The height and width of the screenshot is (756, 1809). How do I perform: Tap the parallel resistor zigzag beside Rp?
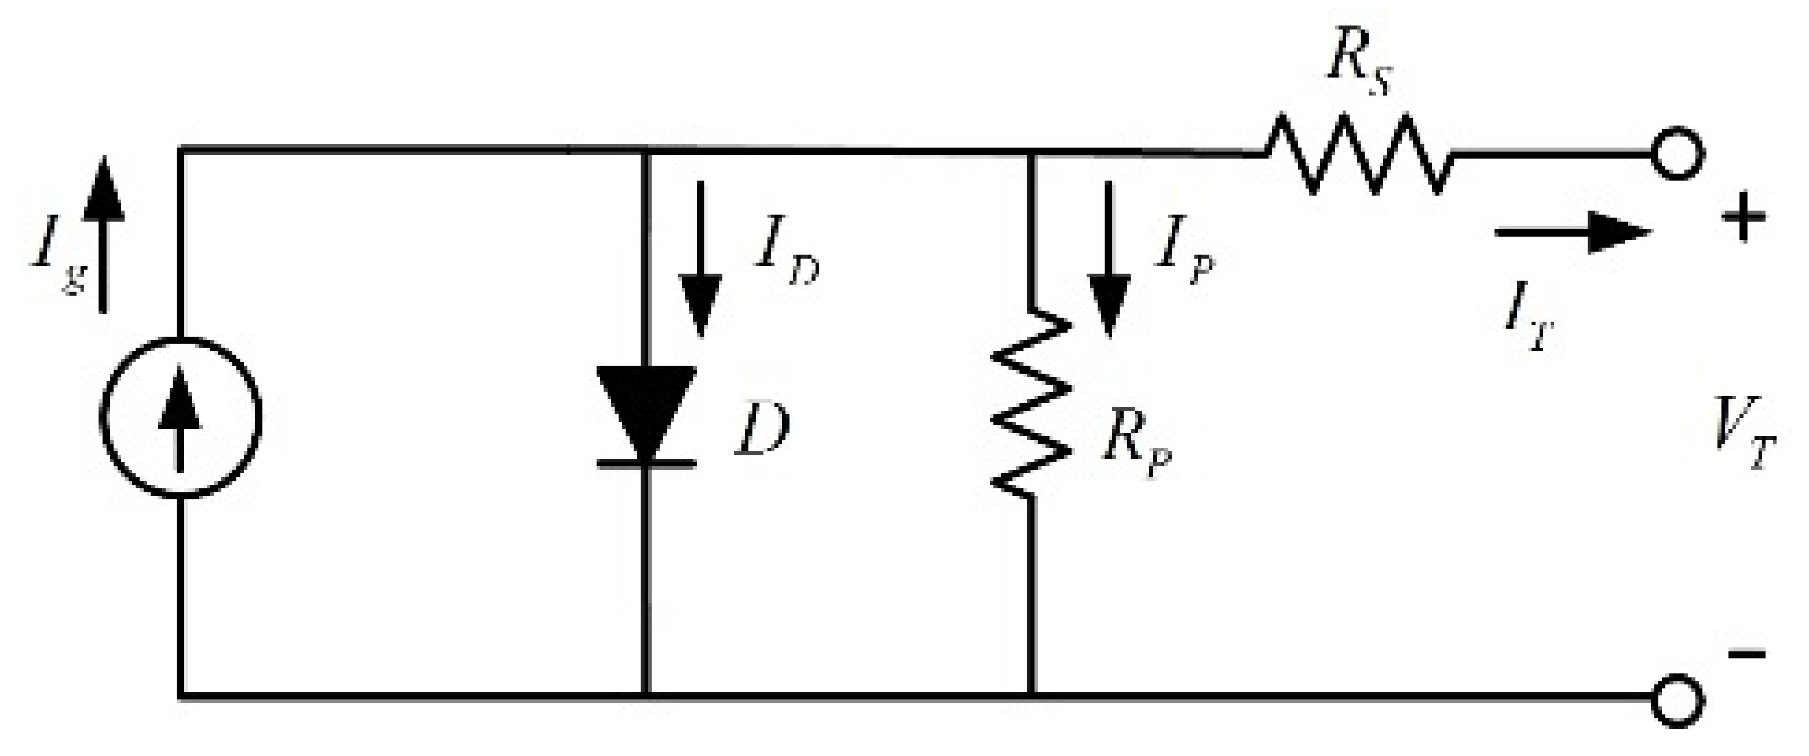pyautogui.click(x=1031, y=403)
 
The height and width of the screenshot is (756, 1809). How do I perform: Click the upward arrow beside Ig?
pyautogui.click(x=103, y=233)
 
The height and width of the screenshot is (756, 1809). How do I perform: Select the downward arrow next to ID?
pyautogui.click(x=700, y=259)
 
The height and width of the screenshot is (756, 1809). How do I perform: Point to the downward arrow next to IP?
pyautogui.click(x=1108, y=259)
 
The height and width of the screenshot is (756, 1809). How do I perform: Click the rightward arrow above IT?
pyautogui.click(x=1573, y=232)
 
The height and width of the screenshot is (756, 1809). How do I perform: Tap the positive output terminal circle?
pyautogui.click(x=1678, y=155)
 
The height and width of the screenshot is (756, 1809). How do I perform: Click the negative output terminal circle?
pyautogui.click(x=1678, y=699)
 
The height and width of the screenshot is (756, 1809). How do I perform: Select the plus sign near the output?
pyautogui.click(x=1743, y=217)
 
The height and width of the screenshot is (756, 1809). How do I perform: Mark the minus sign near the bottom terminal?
pyautogui.click(x=1747, y=654)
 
